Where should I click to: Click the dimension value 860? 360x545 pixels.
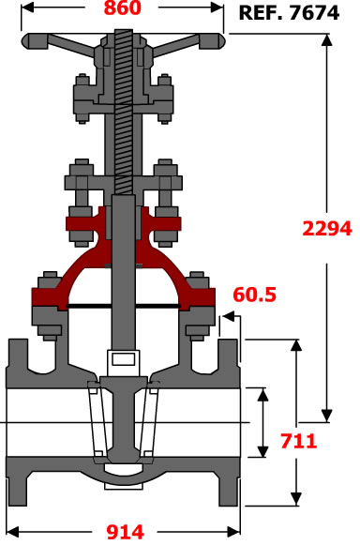(x=123, y=8)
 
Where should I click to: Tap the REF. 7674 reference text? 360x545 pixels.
(x=289, y=13)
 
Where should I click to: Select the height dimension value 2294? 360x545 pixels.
(x=327, y=229)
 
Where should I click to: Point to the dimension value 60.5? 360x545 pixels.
(x=254, y=295)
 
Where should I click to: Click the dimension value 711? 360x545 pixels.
(x=298, y=441)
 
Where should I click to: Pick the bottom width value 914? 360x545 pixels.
(x=125, y=532)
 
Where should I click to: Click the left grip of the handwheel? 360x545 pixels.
(x=35, y=41)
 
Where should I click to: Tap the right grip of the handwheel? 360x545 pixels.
(x=212, y=41)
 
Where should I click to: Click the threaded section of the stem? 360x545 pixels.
(x=124, y=112)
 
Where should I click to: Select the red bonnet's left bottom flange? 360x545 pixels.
(x=49, y=297)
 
